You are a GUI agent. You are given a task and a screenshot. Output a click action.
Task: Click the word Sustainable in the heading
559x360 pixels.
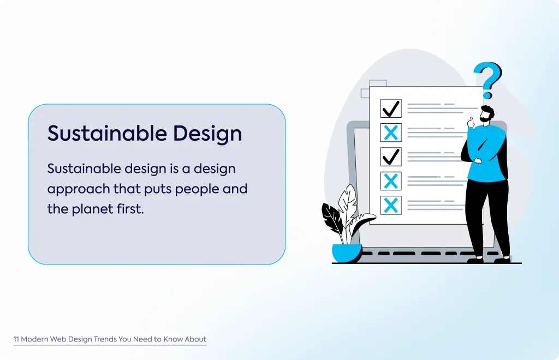[107, 133]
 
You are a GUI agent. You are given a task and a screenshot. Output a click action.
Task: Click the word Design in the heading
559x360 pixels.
[207, 134]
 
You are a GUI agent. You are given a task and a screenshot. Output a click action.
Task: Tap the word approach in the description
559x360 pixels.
[79, 189]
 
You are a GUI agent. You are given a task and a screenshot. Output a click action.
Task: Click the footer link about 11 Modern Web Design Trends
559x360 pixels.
[110, 339]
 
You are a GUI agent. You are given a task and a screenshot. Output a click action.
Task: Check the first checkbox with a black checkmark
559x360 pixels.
[391, 108]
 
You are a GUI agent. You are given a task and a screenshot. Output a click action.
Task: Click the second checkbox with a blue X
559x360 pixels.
[391, 133]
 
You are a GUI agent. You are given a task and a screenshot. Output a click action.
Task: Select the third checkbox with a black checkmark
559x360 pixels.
[391, 157]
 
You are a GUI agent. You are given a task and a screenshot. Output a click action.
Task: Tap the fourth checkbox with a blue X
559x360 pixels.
[391, 181]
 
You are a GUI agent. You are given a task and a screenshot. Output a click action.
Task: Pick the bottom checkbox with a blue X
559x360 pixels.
[391, 205]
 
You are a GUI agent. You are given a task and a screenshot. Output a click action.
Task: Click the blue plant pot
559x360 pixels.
[347, 253]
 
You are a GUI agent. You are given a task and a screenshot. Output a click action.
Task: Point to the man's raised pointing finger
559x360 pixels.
[471, 121]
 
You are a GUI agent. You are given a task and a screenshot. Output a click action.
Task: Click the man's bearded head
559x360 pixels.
[487, 114]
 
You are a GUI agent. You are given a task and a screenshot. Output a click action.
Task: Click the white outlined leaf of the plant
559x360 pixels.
[348, 203]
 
